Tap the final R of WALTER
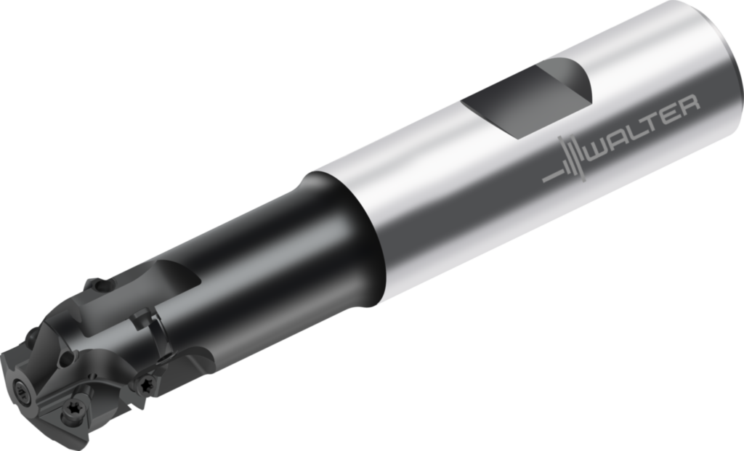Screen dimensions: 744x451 click(x=689, y=107)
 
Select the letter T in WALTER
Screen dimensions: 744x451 click(x=650, y=123)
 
